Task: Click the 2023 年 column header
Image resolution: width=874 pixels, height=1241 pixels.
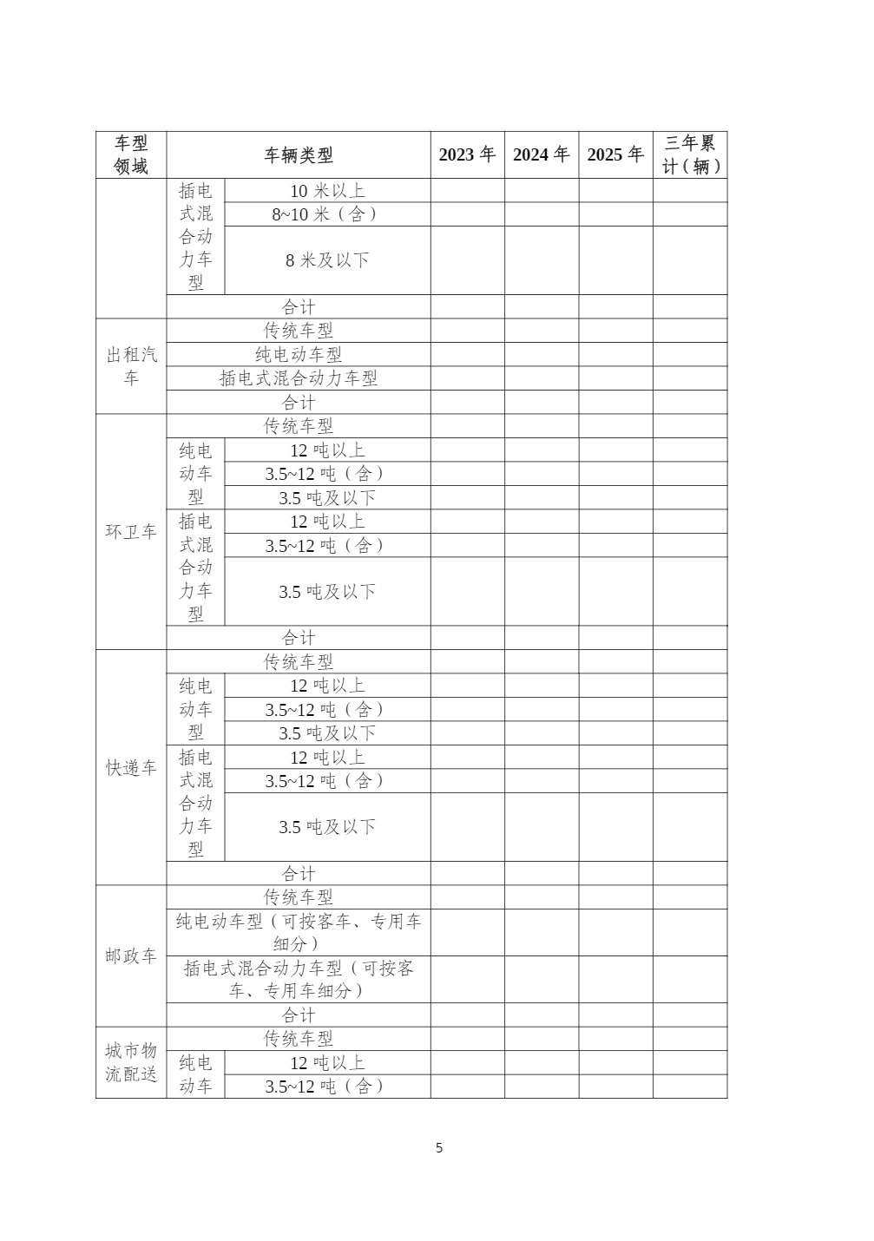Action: pos(467,154)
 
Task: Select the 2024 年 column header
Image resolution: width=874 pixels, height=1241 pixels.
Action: pos(541,154)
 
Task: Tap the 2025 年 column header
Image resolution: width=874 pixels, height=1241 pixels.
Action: pos(615,154)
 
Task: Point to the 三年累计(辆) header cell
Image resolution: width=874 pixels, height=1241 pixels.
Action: pos(690,154)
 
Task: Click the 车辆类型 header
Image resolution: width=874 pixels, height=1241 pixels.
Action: pos(298,155)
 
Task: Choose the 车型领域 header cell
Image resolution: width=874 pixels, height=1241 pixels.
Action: pos(131,154)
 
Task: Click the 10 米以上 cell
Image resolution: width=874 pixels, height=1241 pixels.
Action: pos(327,191)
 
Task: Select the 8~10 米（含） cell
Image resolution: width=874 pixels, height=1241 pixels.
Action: pos(327,214)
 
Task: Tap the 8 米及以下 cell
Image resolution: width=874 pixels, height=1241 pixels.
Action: pos(327,260)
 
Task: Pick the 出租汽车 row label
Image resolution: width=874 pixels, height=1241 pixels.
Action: pos(131,366)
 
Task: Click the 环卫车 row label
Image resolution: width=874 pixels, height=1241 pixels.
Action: pos(131,532)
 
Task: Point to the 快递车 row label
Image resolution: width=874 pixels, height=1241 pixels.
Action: pos(131,768)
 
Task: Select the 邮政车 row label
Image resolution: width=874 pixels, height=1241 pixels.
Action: pos(131,956)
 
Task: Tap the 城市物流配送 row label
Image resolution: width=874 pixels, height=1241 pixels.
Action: pos(131,1062)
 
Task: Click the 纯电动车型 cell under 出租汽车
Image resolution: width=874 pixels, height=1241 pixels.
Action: pos(298,355)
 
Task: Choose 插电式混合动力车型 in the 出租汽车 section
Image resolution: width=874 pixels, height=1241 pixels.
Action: pos(298,378)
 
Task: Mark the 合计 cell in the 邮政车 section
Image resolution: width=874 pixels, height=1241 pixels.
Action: pos(298,1015)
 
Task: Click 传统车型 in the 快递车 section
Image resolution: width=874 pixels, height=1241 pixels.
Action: pos(298,662)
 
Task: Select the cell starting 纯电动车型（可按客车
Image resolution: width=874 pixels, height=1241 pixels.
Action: pos(298,932)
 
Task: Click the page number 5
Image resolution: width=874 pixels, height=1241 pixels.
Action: pos(439,1148)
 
